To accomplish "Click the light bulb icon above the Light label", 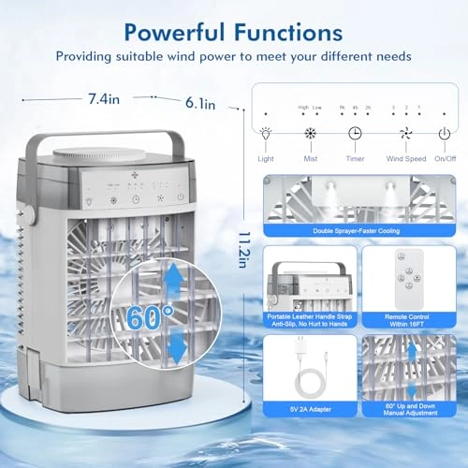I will tap(267, 134).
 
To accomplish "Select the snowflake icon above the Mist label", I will tap(310, 134).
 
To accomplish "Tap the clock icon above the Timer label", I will tap(356, 134).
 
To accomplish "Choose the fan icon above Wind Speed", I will tap(406, 134).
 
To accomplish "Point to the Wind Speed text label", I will tap(406, 159).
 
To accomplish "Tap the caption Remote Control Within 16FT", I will tap(405, 320).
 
